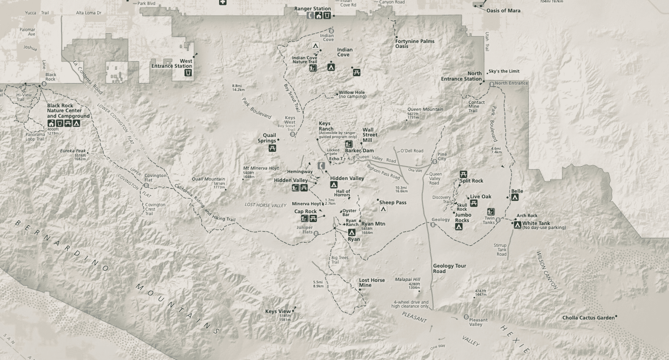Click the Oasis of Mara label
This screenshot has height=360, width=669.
(x=503, y=10)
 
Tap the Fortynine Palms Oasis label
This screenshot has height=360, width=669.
(x=415, y=43)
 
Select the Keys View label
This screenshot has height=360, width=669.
(x=278, y=311)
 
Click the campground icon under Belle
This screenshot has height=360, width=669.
(x=515, y=197)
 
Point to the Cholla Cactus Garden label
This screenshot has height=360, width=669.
(x=588, y=318)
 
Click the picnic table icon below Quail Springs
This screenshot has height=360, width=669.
(x=272, y=148)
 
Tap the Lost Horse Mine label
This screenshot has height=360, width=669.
(x=371, y=282)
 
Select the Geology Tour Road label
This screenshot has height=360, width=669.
(x=449, y=268)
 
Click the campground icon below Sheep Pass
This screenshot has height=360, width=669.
(x=383, y=209)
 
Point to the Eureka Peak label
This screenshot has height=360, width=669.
(x=73, y=151)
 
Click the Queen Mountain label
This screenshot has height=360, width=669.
(x=425, y=109)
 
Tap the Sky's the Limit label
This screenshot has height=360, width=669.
(x=504, y=71)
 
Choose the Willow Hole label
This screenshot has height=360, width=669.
(x=352, y=93)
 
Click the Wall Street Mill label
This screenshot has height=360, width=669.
(x=370, y=135)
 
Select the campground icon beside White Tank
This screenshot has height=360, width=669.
(x=518, y=225)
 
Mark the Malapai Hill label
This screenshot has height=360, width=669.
(x=407, y=279)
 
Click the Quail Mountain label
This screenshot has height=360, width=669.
(x=208, y=179)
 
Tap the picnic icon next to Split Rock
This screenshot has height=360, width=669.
(x=463, y=174)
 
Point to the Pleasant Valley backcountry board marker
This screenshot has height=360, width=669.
(x=466, y=317)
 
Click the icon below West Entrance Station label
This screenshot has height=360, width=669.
(x=188, y=72)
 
